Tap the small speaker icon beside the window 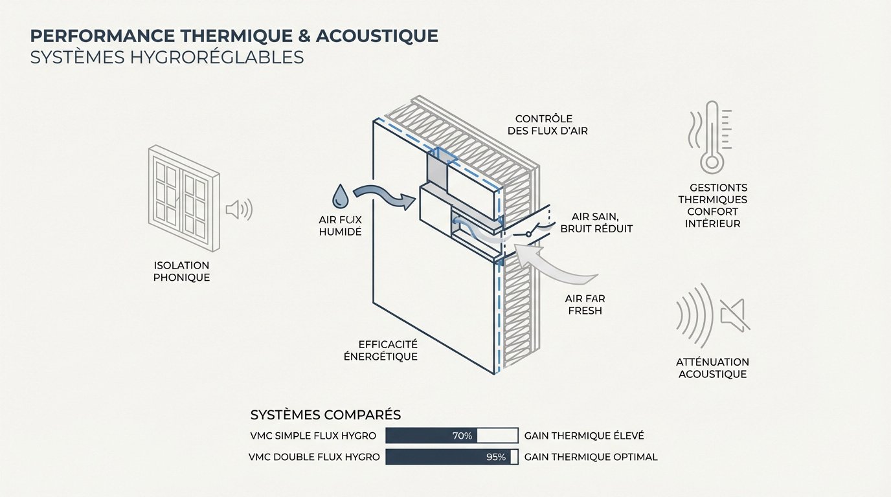coord(238,210)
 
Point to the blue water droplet coord(339,195)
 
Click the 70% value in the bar coord(462,436)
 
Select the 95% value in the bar coord(495,457)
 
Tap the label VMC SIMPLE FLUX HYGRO coord(312,436)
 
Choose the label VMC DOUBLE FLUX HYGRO coord(314,457)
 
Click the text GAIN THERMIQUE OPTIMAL coord(591,457)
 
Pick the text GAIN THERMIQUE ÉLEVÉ coord(584,436)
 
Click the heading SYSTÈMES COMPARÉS coord(325,414)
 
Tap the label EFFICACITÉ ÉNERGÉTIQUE coord(388,350)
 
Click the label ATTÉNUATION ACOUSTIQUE coord(712,368)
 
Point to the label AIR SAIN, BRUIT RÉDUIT coord(596,222)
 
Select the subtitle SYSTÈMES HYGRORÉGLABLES coord(167,57)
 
